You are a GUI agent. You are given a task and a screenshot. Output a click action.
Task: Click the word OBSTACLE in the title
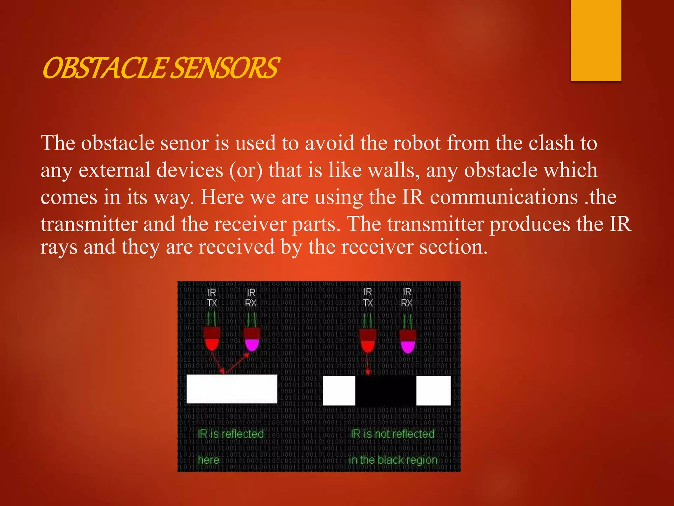[105, 68]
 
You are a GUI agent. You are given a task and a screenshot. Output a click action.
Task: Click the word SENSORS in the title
[226, 68]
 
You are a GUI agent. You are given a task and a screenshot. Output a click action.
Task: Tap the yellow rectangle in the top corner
[596, 40]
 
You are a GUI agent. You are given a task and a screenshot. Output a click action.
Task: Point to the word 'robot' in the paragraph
[417, 143]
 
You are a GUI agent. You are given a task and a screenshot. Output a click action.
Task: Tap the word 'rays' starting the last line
[59, 247]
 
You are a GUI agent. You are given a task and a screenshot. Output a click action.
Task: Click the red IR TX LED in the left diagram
[212, 339]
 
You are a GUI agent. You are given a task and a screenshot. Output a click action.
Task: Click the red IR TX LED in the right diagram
[368, 341]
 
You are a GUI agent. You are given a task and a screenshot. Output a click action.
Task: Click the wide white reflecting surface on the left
[232, 389]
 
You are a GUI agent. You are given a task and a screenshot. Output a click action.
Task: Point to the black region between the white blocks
[386, 391]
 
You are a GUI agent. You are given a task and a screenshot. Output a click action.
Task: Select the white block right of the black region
[433, 391]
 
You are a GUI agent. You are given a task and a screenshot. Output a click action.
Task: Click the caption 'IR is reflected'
[231, 434]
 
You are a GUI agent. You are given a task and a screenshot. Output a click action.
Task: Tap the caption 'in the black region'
[393, 460]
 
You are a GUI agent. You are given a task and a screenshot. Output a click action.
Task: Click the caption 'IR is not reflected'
[393, 434]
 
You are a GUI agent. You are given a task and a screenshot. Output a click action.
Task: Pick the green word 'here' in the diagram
[209, 460]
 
